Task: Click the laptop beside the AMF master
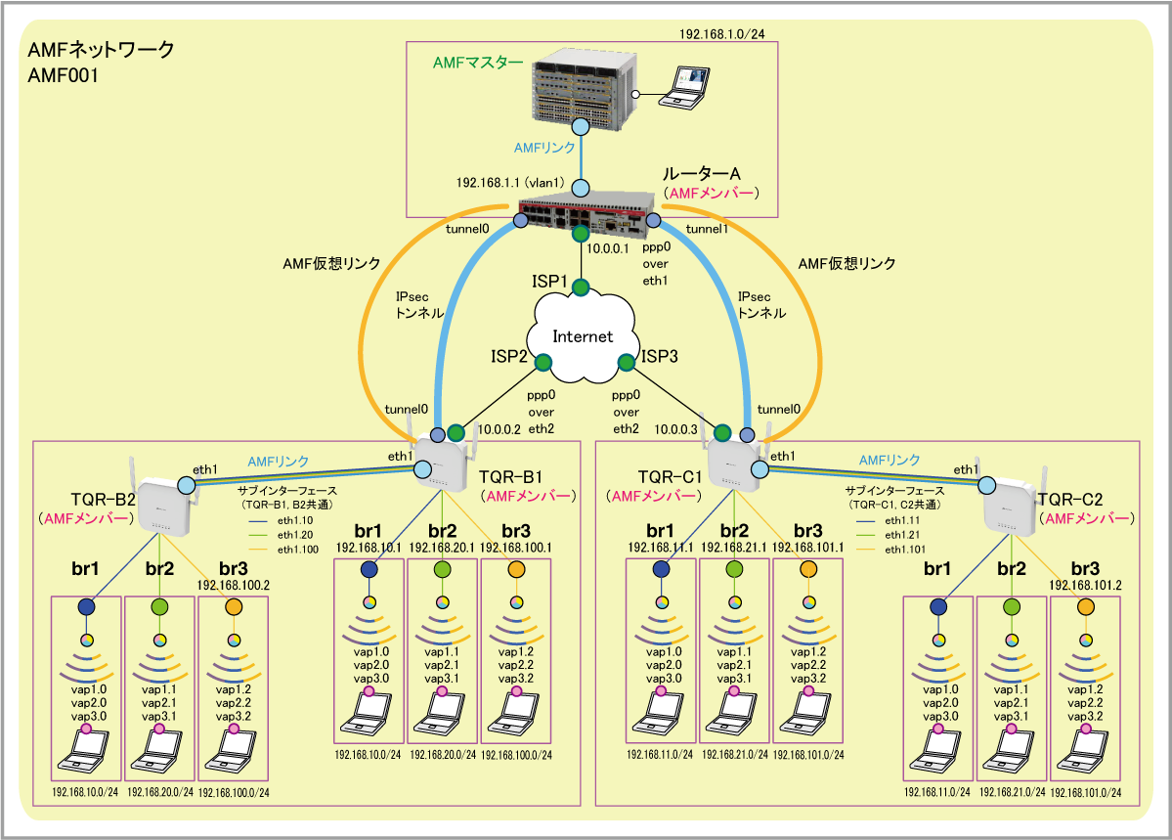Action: pos(682,86)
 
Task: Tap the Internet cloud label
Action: pos(583,336)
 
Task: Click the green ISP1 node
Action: pos(581,287)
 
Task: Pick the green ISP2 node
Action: pos(543,364)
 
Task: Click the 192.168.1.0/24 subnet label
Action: pos(722,34)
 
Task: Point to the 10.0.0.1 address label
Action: pos(609,249)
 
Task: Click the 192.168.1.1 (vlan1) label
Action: pos(505,183)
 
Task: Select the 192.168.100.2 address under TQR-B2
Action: pos(233,584)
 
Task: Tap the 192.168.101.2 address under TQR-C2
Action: pos(1084,584)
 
